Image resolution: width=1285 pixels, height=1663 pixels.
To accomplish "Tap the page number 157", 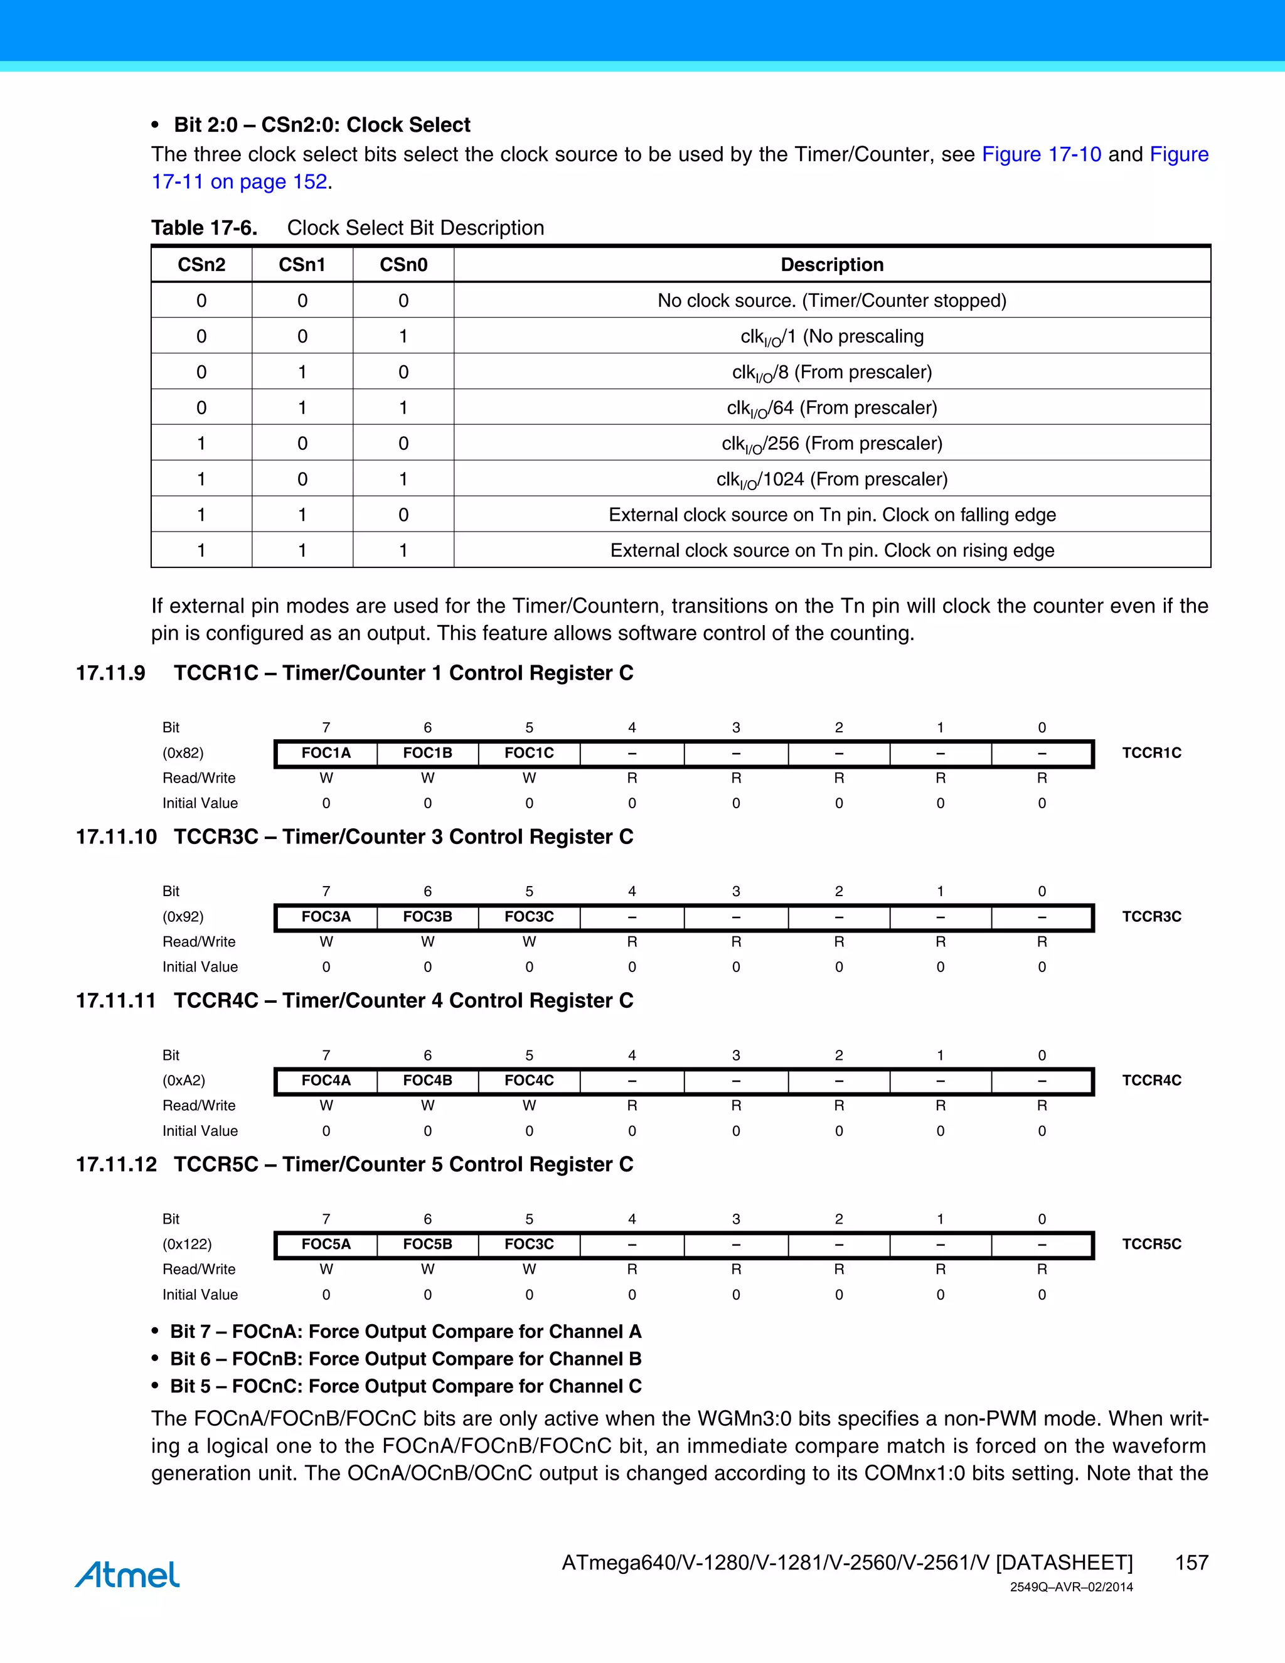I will click(x=1192, y=1563).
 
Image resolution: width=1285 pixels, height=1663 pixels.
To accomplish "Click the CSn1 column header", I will click(x=302, y=264).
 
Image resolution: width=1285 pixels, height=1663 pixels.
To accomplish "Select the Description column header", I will click(x=832, y=264).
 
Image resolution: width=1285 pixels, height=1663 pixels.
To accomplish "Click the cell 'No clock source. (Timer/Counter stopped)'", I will click(x=832, y=301).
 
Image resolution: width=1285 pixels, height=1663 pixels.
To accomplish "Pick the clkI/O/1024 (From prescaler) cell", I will click(x=832, y=479).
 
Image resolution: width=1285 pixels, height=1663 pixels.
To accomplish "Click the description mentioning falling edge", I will click(x=832, y=515).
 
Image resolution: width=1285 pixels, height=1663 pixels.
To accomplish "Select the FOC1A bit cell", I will click(x=326, y=753).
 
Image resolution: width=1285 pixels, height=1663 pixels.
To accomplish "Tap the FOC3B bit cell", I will click(x=428, y=917).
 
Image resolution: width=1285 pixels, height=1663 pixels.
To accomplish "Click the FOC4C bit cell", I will click(x=529, y=1081).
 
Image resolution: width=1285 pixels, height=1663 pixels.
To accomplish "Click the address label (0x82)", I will click(x=183, y=753).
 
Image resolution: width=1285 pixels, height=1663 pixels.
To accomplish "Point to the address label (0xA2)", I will click(x=183, y=1081).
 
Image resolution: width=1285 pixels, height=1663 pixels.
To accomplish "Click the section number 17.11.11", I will click(x=115, y=1000).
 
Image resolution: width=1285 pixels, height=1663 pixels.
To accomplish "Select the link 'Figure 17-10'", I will click(x=1042, y=154).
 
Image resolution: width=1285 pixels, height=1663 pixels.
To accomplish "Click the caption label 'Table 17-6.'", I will click(x=204, y=228).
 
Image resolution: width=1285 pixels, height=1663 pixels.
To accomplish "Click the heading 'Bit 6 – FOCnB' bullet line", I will click(x=406, y=1359).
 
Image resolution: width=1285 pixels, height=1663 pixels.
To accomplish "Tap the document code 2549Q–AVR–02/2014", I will click(x=1071, y=1588).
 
